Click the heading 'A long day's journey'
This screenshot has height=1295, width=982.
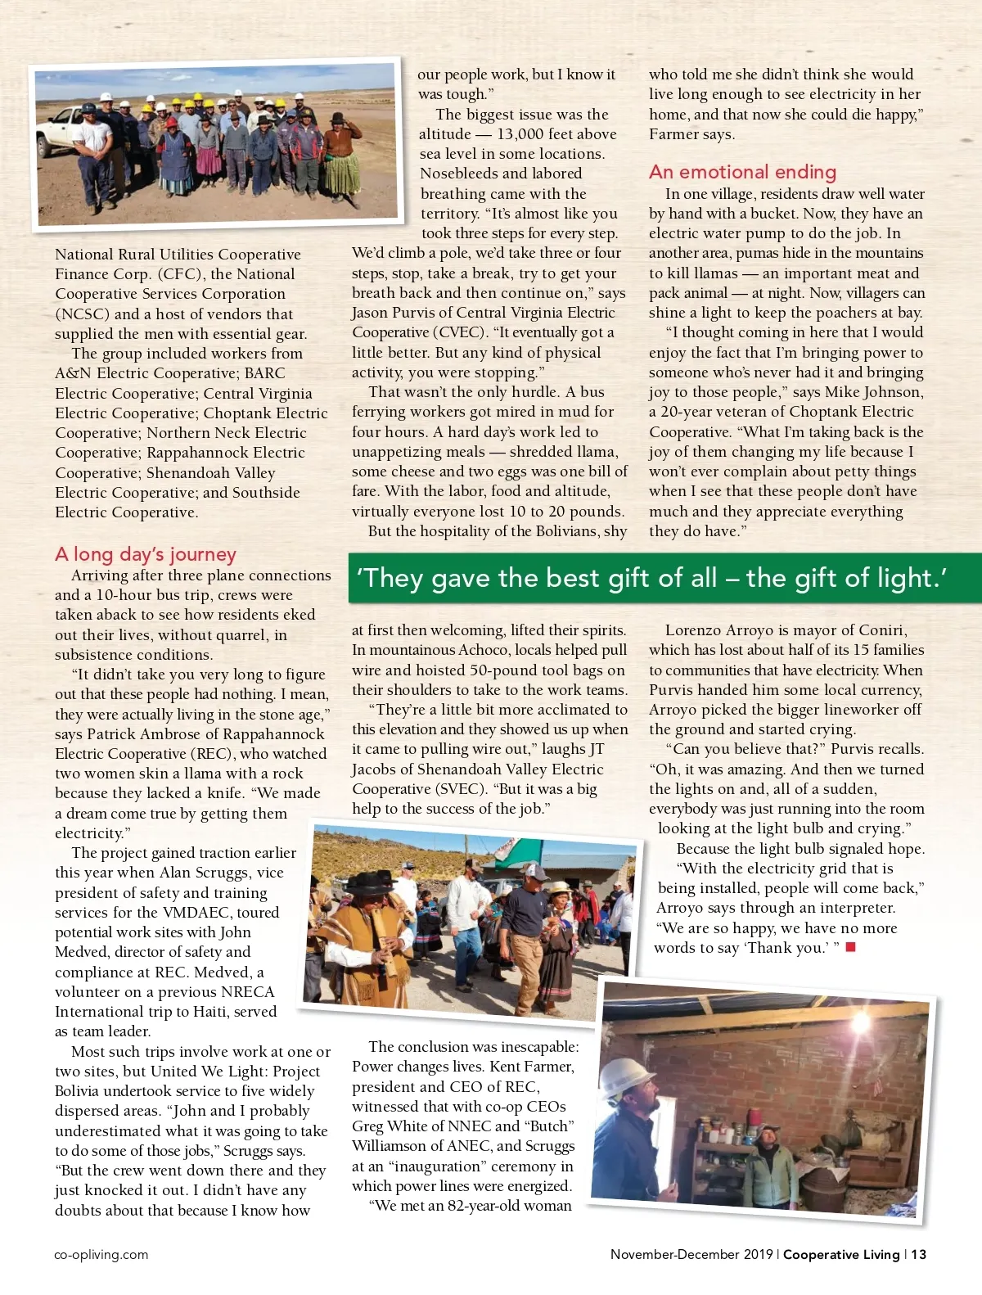pos(146,554)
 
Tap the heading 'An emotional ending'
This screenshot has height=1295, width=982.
pos(742,172)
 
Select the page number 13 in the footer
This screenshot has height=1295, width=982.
pos(919,1254)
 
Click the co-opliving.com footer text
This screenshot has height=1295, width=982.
pos(101,1254)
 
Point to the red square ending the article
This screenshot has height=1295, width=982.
pos(850,947)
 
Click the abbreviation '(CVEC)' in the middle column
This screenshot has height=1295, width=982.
pos(460,332)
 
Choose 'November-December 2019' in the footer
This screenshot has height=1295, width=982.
pos(692,1254)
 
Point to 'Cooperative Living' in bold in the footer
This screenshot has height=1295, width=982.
pos(840,1254)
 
